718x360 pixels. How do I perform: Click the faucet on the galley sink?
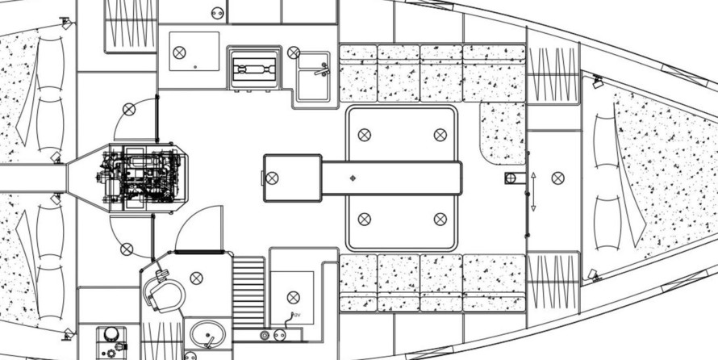click(x=322, y=67)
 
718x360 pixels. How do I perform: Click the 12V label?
click(x=295, y=315)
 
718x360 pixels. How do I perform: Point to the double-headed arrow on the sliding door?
click(x=533, y=191)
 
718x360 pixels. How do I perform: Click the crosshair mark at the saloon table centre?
click(x=353, y=177)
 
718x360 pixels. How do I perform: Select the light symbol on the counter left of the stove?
click(x=179, y=52)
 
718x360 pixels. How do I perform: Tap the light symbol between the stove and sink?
click(x=292, y=52)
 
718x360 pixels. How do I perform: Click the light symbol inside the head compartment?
click(x=196, y=278)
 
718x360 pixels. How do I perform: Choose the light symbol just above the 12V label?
click(x=293, y=297)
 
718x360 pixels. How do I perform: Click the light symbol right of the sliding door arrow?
click(x=557, y=178)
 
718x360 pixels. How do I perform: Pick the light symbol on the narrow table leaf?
click(x=273, y=178)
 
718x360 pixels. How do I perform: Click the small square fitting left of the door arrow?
click(x=511, y=178)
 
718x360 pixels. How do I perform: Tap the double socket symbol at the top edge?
click(x=217, y=12)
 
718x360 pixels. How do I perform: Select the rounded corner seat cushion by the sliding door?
click(x=502, y=132)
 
